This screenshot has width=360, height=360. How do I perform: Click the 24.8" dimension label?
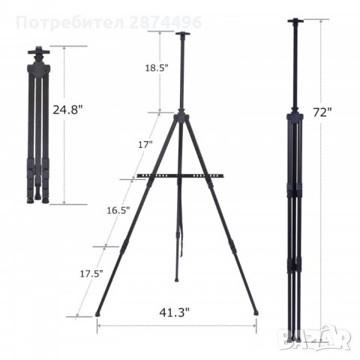(x=67, y=109)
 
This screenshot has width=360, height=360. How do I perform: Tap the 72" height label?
(x=322, y=112)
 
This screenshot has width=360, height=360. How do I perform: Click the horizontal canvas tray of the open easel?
(x=179, y=176)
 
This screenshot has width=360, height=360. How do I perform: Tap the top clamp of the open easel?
(x=180, y=34)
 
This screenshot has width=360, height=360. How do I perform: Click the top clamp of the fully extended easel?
(x=296, y=21)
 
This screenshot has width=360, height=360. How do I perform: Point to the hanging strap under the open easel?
(x=179, y=232)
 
